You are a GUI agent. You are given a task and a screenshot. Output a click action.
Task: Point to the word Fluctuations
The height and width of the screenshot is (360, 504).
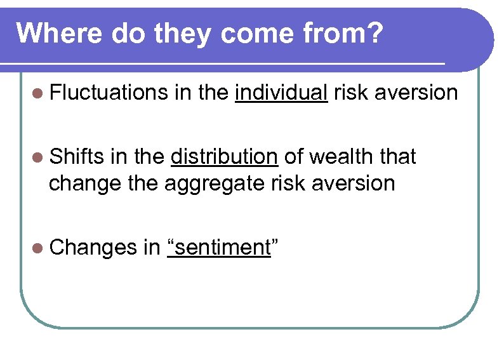(x=109, y=93)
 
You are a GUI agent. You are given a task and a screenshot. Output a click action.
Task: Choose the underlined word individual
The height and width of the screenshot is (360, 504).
(x=281, y=93)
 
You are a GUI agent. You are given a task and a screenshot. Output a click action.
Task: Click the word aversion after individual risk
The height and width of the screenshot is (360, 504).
(x=416, y=93)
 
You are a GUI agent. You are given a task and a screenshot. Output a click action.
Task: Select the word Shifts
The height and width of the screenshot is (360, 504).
(x=76, y=156)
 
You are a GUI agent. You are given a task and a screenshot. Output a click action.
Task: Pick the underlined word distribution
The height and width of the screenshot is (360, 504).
(x=225, y=156)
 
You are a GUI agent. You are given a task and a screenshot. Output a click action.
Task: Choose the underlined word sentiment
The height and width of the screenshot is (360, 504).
(x=218, y=248)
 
